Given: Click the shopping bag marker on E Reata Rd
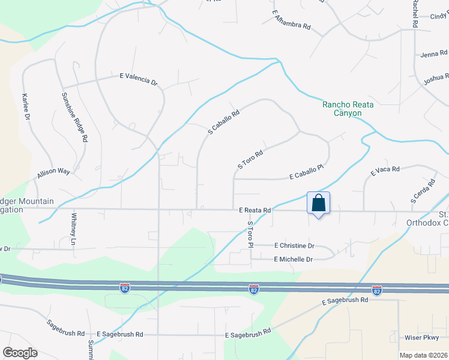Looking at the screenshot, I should [x=318, y=203].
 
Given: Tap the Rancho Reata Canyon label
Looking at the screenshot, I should [x=348, y=109].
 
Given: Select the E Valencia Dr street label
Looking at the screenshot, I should [x=138, y=79].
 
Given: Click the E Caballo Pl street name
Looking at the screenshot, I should [x=306, y=173].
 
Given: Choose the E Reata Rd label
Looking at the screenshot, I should [x=255, y=211].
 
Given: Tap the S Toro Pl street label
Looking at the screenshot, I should [x=251, y=234].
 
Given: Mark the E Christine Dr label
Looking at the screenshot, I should [x=294, y=246].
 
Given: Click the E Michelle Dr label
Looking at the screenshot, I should [x=294, y=259].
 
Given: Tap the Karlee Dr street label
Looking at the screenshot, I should [x=26, y=107].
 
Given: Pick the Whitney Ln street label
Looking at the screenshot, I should [x=74, y=228].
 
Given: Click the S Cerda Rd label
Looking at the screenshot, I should [x=423, y=190].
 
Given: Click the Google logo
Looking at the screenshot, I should [x=20, y=353].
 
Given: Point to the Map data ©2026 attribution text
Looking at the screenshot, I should [x=423, y=355].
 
